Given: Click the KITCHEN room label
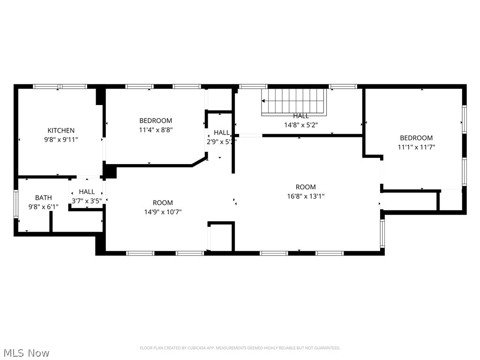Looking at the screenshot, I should [x=61, y=130].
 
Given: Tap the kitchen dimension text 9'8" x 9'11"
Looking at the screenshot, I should [x=61, y=139].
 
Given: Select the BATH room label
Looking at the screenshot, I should [x=44, y=198].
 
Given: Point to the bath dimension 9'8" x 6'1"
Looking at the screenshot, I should [x=44, y=207].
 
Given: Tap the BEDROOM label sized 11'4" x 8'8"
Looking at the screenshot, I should [x=156, y=120].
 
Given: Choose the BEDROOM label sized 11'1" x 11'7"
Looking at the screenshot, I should [x=416, y=138].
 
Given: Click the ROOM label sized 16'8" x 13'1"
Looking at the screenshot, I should [x=306, y=187].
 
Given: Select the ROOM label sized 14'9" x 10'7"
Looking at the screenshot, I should [x=163, y=202].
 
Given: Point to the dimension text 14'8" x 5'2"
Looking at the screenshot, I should [x=301, y=125].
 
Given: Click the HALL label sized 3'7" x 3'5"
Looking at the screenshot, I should [x=87, y=192].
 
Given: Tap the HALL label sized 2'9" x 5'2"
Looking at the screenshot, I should [x=222, y=133].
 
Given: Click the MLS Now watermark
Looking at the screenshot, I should [x=26, y=352].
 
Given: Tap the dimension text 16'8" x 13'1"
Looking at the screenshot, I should [x=306, y=196].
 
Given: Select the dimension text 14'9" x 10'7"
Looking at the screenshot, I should [x=163, y=211].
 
